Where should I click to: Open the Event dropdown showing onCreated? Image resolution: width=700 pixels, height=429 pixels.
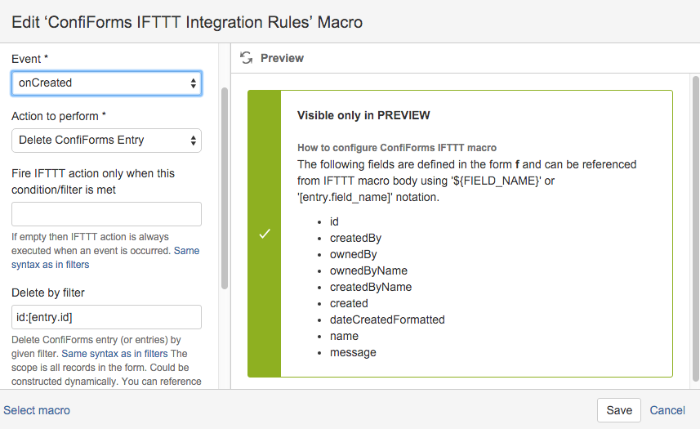[x=106, y=83]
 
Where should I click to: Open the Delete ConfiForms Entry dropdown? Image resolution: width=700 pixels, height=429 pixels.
[x=106, y=141]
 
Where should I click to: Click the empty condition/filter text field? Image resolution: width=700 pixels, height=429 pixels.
[x=106, y=214]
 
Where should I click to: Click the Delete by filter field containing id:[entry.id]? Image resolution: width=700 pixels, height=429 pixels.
[x=106, y=317]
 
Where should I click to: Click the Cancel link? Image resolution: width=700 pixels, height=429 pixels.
[x=667, y=410]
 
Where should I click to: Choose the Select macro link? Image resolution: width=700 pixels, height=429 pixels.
[x=37, y=410]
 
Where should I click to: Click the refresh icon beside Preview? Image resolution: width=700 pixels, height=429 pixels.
[x=246, y=57]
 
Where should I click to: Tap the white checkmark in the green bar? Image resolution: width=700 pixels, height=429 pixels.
[x=265, y=234]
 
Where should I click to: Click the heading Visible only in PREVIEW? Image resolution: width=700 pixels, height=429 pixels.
[x=363, y=115]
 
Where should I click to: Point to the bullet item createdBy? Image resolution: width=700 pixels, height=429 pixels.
[x=355, y=238]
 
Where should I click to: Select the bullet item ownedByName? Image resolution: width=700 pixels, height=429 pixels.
[x=368, y=270]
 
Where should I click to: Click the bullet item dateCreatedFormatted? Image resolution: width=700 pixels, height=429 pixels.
[x=387, y=320]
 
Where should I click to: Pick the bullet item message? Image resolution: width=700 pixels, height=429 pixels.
[x=353, y=352]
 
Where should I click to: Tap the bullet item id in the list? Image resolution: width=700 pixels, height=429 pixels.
[x=334, y=221]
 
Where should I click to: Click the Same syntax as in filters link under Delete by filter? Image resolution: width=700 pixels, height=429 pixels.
[x=114, y=354]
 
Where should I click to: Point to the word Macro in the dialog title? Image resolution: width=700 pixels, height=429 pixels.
[x=340, y=22]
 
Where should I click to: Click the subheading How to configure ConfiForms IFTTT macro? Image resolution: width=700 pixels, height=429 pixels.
[x=397, y=148]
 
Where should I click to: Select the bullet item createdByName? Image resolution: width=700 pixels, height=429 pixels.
[x=371, y=287]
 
